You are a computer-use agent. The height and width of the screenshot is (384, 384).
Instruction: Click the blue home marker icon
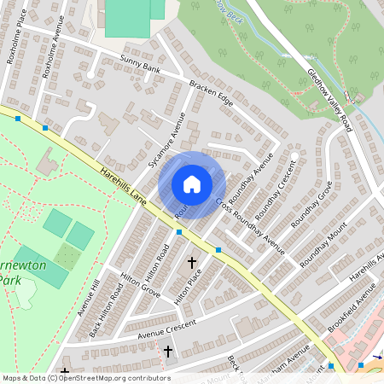192,184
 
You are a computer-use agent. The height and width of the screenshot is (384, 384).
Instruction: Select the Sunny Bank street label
141,67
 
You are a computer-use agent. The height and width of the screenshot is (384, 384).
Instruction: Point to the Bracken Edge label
211,94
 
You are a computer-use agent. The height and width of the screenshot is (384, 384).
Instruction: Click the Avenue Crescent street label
158,329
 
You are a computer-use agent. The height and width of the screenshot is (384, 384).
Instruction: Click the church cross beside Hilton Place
192,263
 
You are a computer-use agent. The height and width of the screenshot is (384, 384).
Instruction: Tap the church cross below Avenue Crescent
168,352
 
